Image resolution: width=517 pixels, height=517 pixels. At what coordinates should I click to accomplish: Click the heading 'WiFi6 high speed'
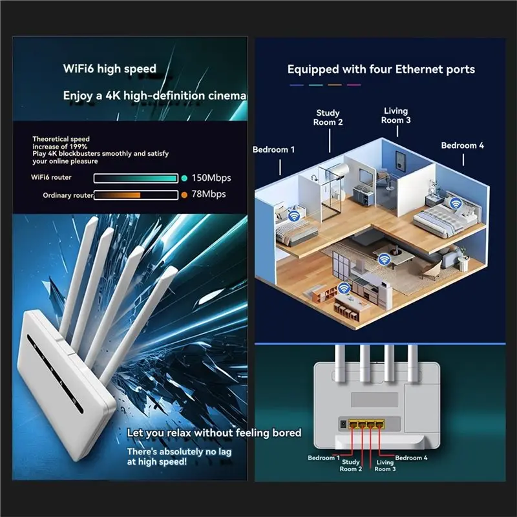tap(109, 69)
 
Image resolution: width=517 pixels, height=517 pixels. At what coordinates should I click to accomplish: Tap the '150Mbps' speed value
tap(211, 178)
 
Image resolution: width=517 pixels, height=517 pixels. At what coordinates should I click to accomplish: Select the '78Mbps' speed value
tap(209, 194)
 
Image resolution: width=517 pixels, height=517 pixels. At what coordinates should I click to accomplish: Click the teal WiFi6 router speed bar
tap(136, 178)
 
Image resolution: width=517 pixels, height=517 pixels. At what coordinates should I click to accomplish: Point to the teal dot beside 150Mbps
tap(184, 178)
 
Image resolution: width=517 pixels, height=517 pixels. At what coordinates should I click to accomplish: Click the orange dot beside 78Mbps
tap(184, 195)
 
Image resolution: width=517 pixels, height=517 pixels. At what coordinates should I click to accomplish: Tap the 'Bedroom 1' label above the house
tap(273, 150)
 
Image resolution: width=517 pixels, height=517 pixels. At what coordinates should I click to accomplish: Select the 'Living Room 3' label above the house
tap(396, 116)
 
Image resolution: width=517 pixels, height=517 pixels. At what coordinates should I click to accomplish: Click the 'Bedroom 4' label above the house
tap(463, 145)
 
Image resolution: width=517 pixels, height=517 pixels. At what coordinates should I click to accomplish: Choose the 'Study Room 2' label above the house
tap(328, 118)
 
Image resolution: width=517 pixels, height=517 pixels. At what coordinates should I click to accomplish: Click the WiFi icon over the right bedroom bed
tap(456, 204)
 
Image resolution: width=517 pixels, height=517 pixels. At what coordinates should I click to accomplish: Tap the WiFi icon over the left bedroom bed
tap(294, 216)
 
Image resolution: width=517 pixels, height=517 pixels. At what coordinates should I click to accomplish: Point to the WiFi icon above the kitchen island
tap(344, 288)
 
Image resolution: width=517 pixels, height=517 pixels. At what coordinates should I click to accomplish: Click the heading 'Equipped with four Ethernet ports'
tap(381, 69)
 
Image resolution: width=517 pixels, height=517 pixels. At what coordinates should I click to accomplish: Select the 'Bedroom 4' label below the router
tap(411, 458)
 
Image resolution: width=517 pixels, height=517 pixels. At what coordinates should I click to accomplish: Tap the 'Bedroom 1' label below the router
tap(324, 458)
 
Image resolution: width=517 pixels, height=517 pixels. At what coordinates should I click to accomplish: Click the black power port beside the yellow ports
tap(343, 424)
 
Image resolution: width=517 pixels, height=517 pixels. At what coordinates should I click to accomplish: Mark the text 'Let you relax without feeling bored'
tap(215, 432)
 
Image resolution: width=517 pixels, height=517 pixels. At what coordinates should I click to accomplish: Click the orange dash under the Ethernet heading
tap(335, 85)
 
